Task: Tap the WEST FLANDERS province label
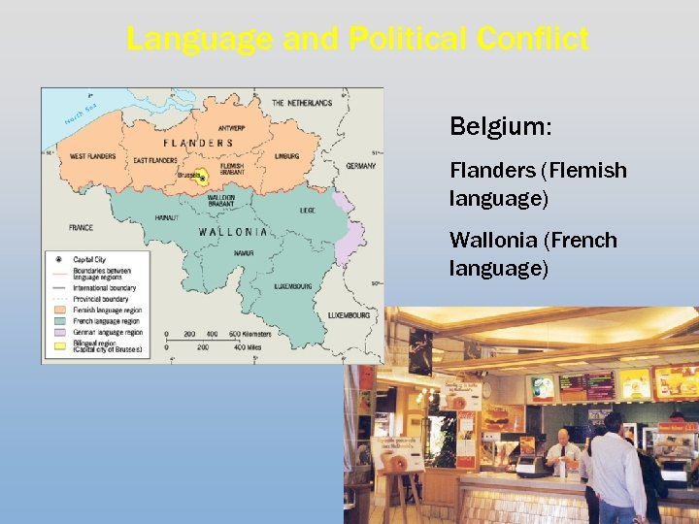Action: (93, 156)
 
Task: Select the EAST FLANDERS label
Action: (154, 160)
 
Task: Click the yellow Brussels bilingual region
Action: (202, 178)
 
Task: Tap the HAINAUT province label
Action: (166, 218)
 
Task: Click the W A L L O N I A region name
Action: (233, 232)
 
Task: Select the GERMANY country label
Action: (360, 166)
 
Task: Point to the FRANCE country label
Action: (81, 228)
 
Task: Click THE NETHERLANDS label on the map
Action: (302, 103)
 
